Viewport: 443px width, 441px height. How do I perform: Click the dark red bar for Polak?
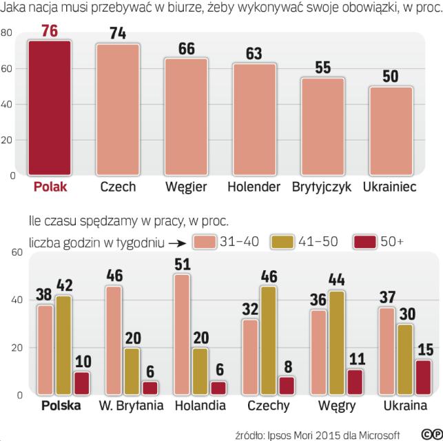pyautogui.click(x=50, y=107)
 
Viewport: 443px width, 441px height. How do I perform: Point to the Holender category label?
pyautogui.click(x=254, y=187)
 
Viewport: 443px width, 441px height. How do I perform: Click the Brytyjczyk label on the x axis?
pyautogui.click(x=322, y=187)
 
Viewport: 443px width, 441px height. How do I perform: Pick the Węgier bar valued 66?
pyautogui.click(x=186, y=117)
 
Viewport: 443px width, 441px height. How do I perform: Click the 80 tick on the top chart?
pyautogui.click(x=7, y=33)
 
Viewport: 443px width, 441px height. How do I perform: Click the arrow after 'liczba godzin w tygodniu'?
pyautogui.click(x=176, y=243)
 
